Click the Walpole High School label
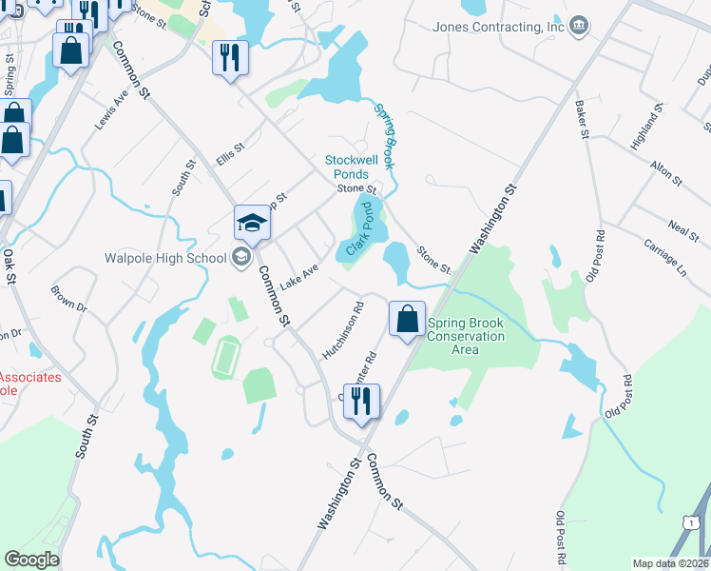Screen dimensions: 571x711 (159, 257)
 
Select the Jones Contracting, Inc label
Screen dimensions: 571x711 (499, 27)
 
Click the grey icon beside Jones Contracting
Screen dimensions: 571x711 (579, 26)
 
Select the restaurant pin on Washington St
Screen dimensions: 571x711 (361, 402)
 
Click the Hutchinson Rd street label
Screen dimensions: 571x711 (344, 330)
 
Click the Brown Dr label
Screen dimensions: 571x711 (68, 301)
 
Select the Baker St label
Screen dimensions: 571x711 (581, 120)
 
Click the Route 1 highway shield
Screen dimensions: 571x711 (689, 521)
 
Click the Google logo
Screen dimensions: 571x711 (31, 560)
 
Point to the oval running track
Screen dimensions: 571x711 (225, 357)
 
